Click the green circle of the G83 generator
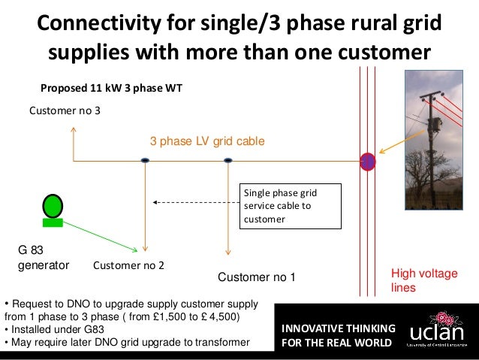tap(53, 205)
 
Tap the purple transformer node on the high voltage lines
tap(368, 161)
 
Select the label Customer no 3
tap(64, 111)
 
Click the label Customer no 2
tap(128, 265)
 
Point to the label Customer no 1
tap(256, 278)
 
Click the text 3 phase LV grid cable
tap(207, 141)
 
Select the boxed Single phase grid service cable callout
tap(290, 207)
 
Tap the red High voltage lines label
tap(423, 281)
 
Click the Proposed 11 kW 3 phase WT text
tap(111, 88)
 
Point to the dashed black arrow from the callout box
tap(195, 201)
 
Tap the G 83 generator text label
tap(43, 258)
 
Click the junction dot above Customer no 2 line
tap(145, 160)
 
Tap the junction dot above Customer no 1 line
tap(227, 160)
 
